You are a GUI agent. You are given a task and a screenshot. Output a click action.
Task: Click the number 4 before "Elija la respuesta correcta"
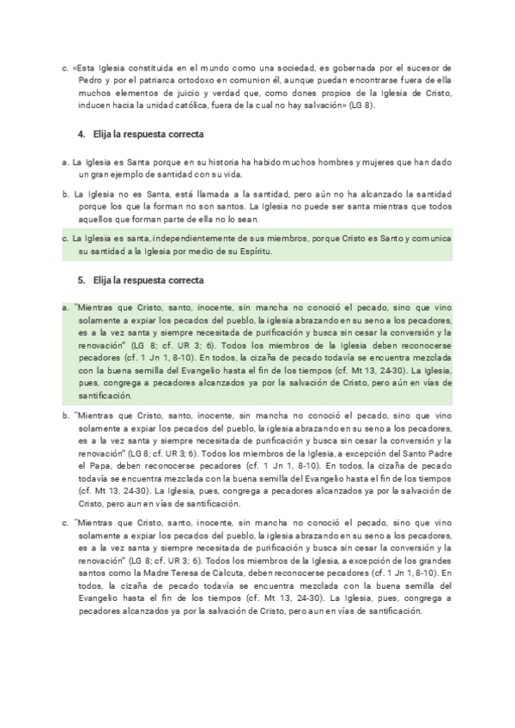(x=80, y=136)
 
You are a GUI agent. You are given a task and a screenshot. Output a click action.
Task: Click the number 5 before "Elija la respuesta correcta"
(x=80, y=280)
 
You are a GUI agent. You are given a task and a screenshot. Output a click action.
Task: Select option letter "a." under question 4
(x=66, y=161)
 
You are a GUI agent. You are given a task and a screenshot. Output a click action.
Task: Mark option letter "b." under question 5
(x=66, y=417)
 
